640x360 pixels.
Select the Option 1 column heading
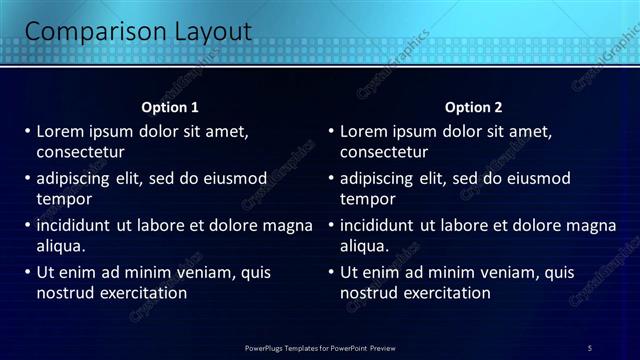pyautogui.click(x=171, y=107)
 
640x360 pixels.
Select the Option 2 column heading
pyautogui.click(x=474, y=107)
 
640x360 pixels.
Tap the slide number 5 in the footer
pyautogui.click(x=590, y=347)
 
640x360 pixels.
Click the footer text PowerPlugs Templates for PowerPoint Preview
pyautogui.click(x=320, y=347)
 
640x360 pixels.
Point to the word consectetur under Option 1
pyautogui.click(x=80, y=153)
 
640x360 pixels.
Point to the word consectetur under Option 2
pyautogui.click(x=384, y=153)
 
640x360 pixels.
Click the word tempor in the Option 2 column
pyautogui.click(x=367, y=199)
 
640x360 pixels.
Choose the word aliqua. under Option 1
pyautogui.click(x=61, y=246)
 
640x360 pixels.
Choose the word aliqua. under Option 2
pyautogui.click(x=365, y=246)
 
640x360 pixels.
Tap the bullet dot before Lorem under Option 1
pyautogui.click(x=27, y=131)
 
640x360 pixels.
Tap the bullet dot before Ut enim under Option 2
pyautogui.click(x=330, y=272)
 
